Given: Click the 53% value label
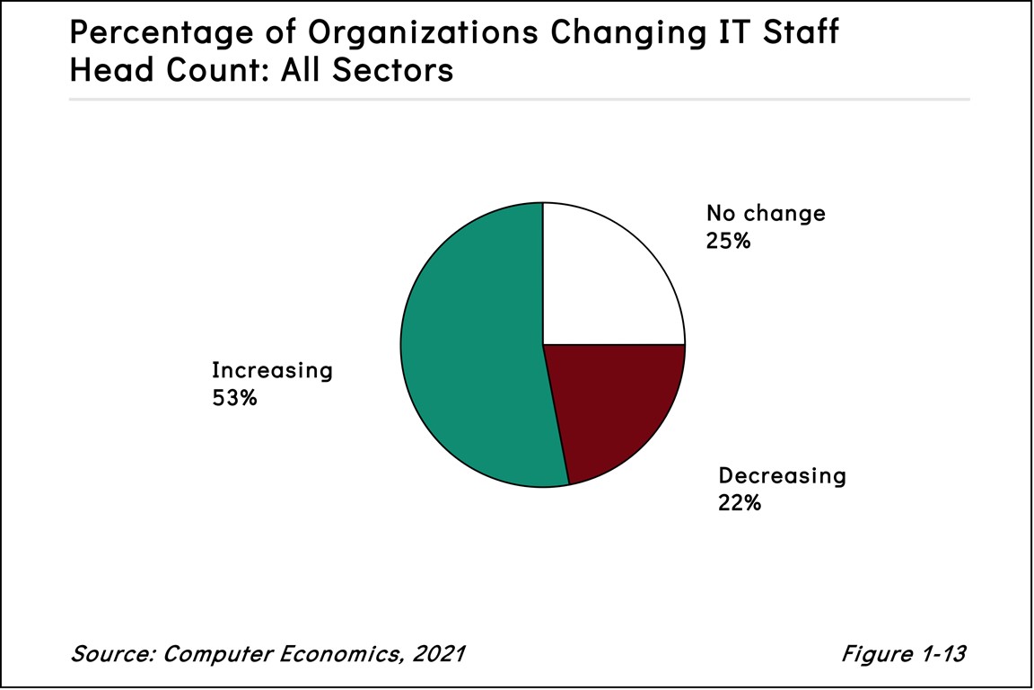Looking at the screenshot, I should point(234,397).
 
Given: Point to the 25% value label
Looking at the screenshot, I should point(728,241).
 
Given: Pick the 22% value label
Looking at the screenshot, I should point(740,503).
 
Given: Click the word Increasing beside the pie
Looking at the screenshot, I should point(272,370).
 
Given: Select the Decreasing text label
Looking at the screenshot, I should point(782,476).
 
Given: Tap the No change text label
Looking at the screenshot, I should point(766,214).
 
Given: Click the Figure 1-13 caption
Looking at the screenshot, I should point(902,653).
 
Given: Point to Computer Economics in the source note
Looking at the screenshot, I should point(277,653).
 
